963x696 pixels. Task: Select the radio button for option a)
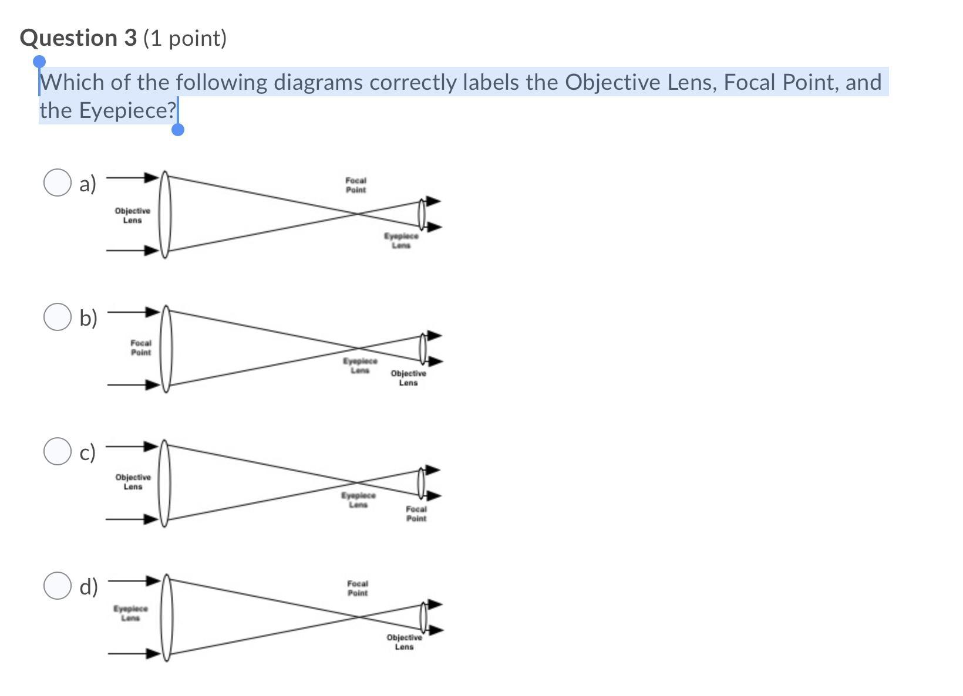coord(58,183)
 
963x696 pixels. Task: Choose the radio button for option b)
coord(58,317)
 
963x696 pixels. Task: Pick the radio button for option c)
coord(58,451)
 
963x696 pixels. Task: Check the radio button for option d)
coord(58,586)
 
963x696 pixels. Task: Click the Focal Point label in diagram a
coord(356,185)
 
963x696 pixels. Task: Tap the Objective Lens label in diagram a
coord(133,215)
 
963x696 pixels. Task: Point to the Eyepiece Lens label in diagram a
coord(402,241)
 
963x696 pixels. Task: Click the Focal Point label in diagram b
coord(141,347)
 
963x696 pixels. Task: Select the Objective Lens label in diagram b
coord(409,378)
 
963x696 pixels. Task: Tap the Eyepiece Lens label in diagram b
coord(361,366)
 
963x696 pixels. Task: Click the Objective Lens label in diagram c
coord(133,482)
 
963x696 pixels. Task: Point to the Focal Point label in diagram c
coord(416,514)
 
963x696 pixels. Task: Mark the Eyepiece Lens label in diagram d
coord(131,613)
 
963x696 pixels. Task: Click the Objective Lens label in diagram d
coord(404,642)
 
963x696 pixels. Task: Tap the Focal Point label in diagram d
coord(358,589)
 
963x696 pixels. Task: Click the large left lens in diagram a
coord(165,214)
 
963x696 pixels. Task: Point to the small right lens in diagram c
coord(421,482)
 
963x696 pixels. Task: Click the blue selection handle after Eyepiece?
coord(178,129)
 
